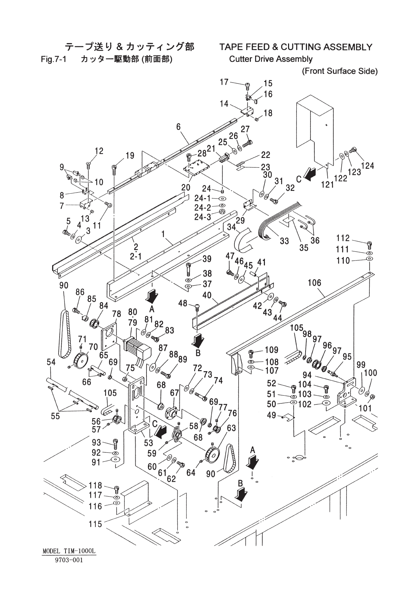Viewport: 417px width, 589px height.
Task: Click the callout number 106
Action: click(314, 283)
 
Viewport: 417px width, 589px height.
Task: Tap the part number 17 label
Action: click(224, 82)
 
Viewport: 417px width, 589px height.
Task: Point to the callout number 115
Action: click(95, 524)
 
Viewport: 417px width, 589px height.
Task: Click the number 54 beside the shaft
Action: click(51, 362)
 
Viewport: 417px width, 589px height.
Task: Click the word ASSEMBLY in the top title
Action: click(344, 47)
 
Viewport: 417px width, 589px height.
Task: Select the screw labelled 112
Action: click(369, 244)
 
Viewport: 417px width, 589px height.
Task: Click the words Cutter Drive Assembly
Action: click(271, 59)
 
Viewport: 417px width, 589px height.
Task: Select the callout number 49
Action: click(272, 416)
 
